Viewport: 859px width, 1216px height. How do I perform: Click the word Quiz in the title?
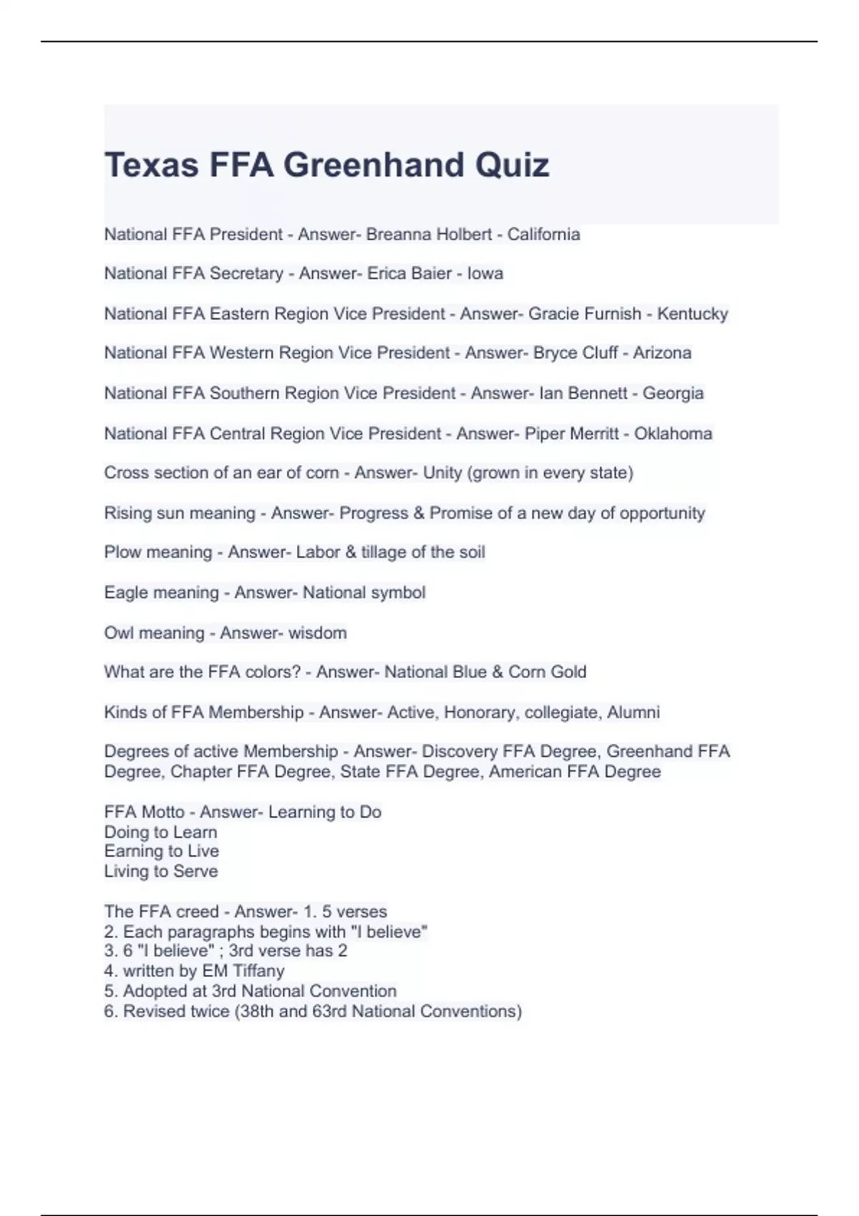coord(512,165)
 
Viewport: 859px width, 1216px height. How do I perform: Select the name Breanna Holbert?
coord(429,235)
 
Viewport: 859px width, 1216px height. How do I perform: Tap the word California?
coord(543,235)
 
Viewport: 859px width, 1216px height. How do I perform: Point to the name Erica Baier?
coord(409,274)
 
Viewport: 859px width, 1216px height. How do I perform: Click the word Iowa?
coord(485,274)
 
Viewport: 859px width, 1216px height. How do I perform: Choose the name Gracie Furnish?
coord(584,314)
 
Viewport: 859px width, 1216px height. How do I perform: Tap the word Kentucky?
coord(692,314)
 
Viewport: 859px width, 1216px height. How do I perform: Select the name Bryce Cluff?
coord(576,353)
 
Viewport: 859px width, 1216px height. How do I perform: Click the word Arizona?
coord(661,353)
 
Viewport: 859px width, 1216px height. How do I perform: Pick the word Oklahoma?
coord(673,433)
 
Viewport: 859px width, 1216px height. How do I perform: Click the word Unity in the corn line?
coord(442,473)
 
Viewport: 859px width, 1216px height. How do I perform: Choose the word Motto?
coord(163,813)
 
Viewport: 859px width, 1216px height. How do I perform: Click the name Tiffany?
coord(258,971)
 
